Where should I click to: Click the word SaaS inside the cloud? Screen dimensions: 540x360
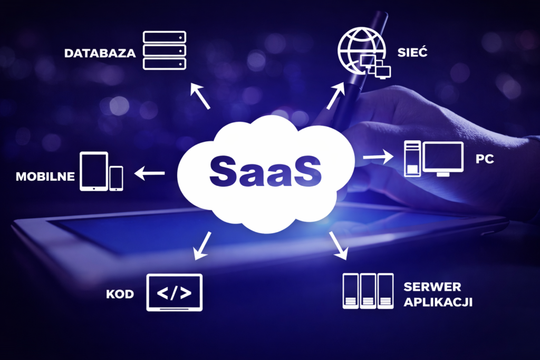[x=266, y=171]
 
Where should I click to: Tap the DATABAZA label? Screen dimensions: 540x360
[x=100, y=53]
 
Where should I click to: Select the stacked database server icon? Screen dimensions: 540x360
[x=165, y=50]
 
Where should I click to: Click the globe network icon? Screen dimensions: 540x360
[x=362, y=51]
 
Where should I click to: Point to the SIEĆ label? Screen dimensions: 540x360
[x=412, y=52]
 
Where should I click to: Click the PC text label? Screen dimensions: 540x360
[x=485, y=159]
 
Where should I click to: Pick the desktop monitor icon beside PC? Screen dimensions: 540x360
[x=443, y=159]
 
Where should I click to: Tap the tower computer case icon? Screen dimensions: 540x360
[x=412, y=159]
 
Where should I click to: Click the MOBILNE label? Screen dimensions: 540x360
[x=45, y=177]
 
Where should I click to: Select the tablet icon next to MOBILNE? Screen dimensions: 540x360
[x=94, y=171]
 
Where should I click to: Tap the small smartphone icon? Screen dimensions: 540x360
[x=117, y=178]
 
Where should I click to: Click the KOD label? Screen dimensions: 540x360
[x=120, y=294]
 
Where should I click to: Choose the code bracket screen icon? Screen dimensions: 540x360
[x=175, y=293]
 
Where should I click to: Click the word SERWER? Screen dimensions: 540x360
[x=432, y=287]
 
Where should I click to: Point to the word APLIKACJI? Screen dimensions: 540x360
[x=438, y=302]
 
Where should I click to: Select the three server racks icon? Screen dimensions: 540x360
[x=368, y=291]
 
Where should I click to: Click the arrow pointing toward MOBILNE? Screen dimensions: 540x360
[x=149, y=173]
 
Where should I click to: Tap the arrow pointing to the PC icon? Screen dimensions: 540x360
[x=378, y=157]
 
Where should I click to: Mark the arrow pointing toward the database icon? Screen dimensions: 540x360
[x=200, y=96]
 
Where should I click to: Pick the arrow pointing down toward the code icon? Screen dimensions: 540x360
[x=202, y=246]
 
